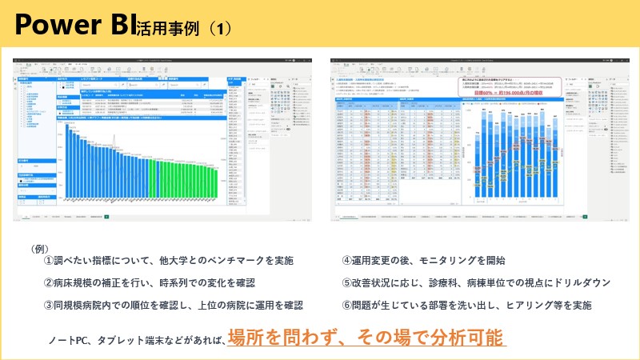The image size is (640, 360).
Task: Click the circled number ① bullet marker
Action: click(48, 261)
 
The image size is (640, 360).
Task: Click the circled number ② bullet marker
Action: click(48, 283)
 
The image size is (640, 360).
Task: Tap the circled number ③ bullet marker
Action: click(48, 305)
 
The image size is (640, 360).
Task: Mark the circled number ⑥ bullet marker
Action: click(346, 305)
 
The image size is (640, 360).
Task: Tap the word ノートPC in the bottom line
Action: click(68, 341)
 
